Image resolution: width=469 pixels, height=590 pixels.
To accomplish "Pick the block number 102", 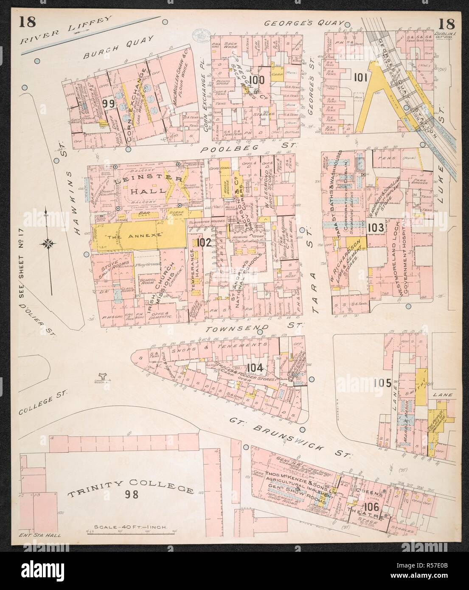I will point(204,242).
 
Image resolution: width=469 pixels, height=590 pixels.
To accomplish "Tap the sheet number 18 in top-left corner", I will point(27,22).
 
